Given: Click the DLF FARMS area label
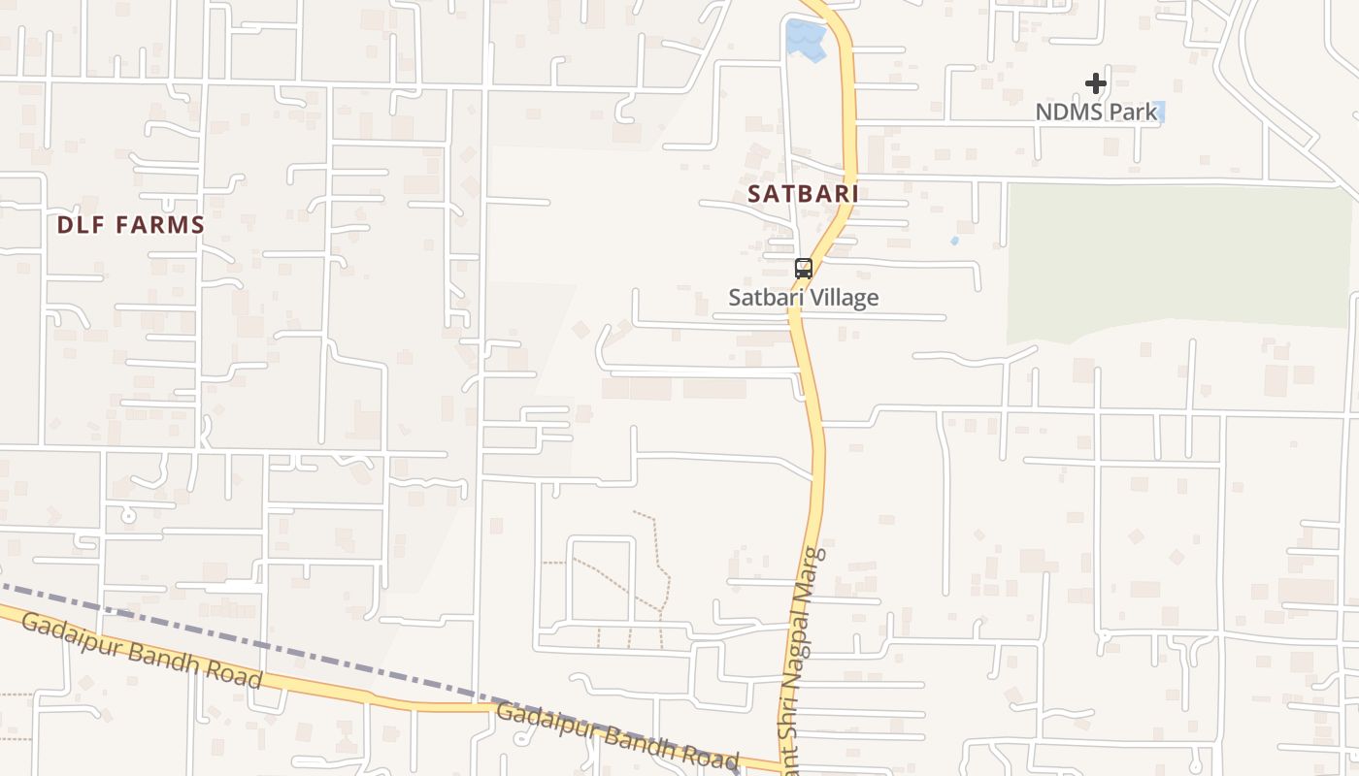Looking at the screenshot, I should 130,225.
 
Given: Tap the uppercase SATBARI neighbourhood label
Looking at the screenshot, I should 803,194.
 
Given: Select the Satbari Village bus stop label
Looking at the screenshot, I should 804,298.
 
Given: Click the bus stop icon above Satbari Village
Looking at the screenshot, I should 804,269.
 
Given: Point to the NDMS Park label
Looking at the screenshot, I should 1096,113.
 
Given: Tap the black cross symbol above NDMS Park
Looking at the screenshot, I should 1096,84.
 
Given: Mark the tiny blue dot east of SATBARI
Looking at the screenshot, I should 954,241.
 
